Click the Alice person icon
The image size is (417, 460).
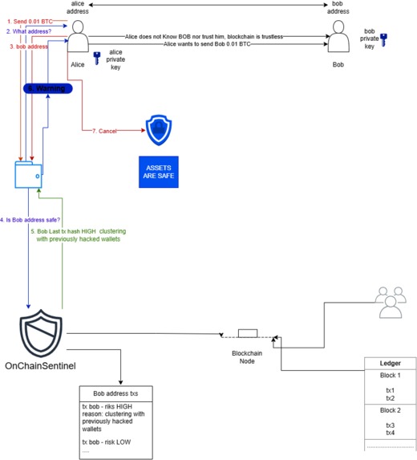tap(78, 38)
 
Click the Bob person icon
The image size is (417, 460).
tap(338, 38)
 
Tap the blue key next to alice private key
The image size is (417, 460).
tap(97, 57)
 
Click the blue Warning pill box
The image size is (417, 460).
tap(48, 88)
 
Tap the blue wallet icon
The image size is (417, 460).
tap(27, 175)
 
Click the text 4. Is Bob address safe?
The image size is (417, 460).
tap(30, 219)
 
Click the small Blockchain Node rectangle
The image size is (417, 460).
tap(247, 333)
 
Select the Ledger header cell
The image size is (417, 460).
tap(390, 363)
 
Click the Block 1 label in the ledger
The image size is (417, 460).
tap(390, 376)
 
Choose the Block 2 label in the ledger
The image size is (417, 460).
tap(390, 409)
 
